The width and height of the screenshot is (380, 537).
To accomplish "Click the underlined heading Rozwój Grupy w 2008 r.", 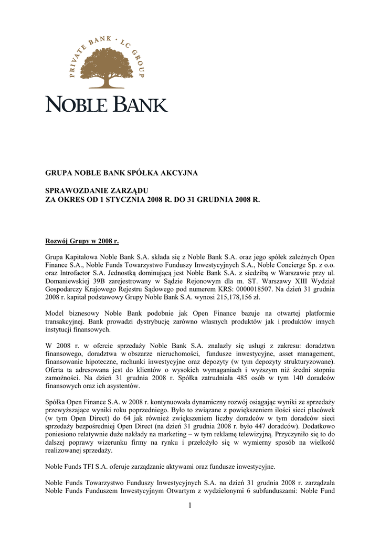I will [82, 242].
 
